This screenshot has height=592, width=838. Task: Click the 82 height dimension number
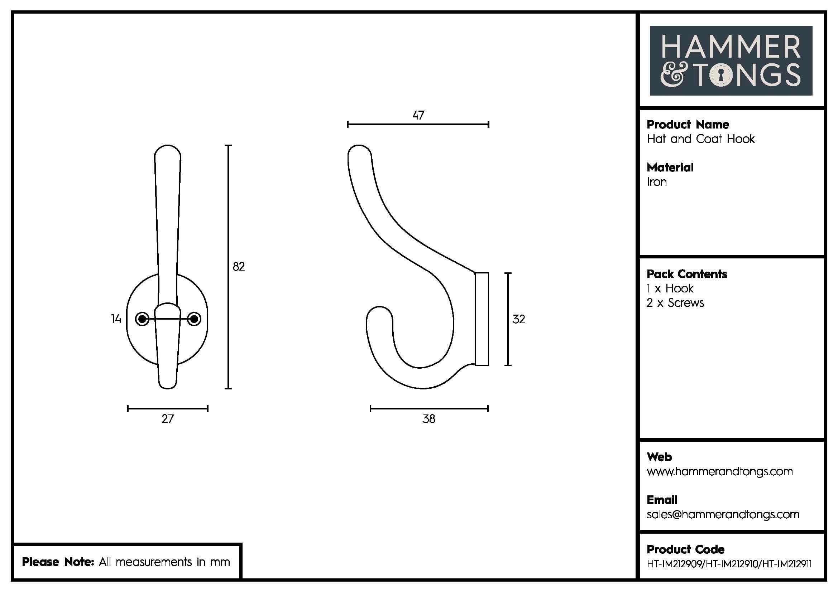click(239, 267)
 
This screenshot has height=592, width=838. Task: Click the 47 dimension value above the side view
click(418, 115)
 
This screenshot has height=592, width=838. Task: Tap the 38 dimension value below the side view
click(429, 419)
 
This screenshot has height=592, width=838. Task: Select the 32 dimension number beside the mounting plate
click(519, 319)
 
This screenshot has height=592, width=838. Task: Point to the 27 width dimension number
click(168, 419)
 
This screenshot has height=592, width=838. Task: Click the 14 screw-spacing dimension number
click(116, 319)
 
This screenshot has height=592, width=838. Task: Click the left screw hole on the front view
click(142, 319)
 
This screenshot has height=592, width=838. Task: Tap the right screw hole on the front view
click(194, 319)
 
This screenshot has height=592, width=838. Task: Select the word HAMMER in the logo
click(731, 47)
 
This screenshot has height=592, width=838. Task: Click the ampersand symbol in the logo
click(671, 76)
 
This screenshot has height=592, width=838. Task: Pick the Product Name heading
click(688, 124)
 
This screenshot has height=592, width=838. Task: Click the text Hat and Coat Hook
click(700, 139)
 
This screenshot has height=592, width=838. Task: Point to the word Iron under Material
click(657, 182)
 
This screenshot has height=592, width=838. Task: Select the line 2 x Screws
click(675, 302)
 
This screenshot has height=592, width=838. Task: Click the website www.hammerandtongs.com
click(719, 471)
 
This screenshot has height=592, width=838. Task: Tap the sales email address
click(723, 514)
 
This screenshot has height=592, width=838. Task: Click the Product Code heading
click(685, 549)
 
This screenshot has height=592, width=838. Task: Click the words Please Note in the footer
click(58, 562)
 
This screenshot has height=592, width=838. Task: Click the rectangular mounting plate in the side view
click(482, 319)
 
